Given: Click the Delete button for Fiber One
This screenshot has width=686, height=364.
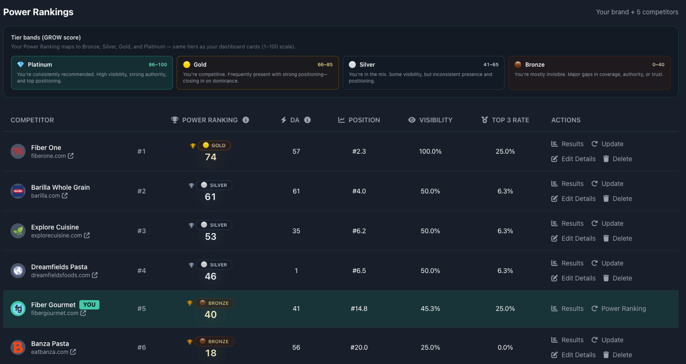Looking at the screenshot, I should (617, 159).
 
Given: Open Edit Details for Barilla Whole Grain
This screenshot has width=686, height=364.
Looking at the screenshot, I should (573, 199).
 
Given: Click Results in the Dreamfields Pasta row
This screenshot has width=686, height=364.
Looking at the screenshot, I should (567, 264).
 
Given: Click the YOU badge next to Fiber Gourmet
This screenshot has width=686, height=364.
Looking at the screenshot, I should (89, 305).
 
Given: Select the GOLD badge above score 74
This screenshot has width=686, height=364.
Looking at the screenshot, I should (214, 146).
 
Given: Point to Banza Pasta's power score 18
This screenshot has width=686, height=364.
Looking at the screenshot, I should (211, 353).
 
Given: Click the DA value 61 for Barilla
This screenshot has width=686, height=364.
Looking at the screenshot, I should (296, 191).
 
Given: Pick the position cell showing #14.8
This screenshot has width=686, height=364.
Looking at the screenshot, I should (359, 309).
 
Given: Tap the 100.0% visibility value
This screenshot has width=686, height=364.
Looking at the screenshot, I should (430, 152).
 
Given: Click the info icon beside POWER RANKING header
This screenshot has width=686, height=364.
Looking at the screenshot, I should (246, 120).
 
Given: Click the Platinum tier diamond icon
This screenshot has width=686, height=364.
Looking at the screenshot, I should (21, 65).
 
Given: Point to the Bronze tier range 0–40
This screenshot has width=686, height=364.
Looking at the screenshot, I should (658, 65).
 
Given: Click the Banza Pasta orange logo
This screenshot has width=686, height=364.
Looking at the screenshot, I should (18, 347).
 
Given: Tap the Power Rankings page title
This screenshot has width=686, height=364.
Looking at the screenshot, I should (38, 12).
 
